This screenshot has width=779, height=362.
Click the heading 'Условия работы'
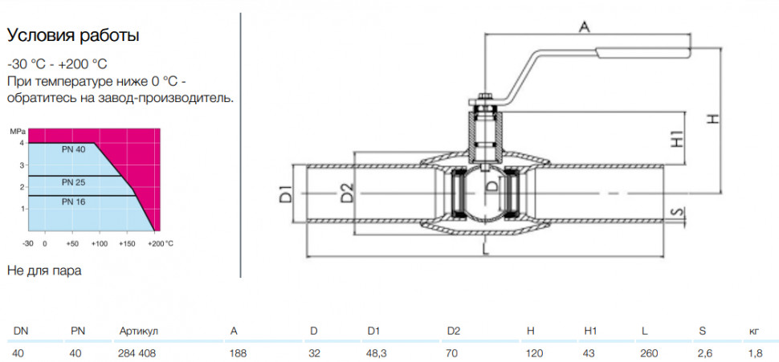[72, 36]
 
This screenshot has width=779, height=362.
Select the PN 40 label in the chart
[74, 149]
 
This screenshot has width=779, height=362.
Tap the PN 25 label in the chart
[74, 183]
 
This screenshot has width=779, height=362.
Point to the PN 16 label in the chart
[74, 201]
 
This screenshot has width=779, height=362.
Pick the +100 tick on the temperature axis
[100, 244]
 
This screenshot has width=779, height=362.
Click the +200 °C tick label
[161, 244]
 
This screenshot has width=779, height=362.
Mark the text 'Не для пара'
[44, 270]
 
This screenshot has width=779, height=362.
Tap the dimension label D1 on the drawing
[285, 193]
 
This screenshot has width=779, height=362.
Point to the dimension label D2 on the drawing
[347, 193]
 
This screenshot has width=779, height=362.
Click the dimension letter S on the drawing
[675, 212]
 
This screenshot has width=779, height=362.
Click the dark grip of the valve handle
[642, 53]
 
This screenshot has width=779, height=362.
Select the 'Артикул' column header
[139, 331]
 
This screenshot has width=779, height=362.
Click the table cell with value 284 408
[137, 353]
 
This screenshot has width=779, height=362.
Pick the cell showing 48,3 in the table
[377, 353]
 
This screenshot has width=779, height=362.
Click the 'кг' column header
[753, 331]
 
